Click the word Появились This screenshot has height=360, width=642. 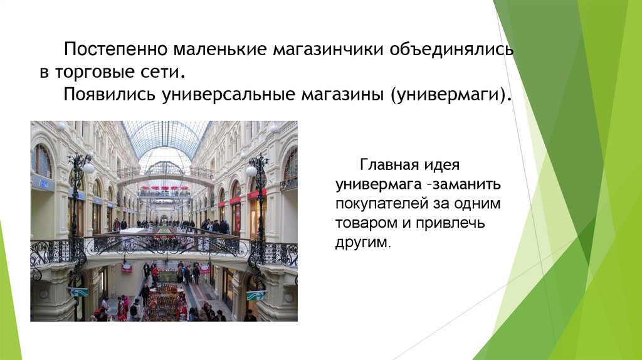pyautogui.click(x=109, y=95)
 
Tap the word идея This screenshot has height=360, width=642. pyautogui.click(x=443, y=167)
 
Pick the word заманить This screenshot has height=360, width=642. pyautogui.click(x=466, y=186)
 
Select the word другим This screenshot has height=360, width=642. pyautogui.click(x=362, y=243)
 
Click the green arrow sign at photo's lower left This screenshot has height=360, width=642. pyautogui.click(x=78, y=292)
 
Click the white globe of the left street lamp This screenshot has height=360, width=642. pyautogui.click(x=88, y=168)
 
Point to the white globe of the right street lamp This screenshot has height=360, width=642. pyautogui.click(x=251, y=171)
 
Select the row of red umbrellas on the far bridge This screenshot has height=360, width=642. pyautogui.click(x=164, y=188)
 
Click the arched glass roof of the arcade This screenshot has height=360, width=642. pyautogui.click(x=166, y=138)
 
